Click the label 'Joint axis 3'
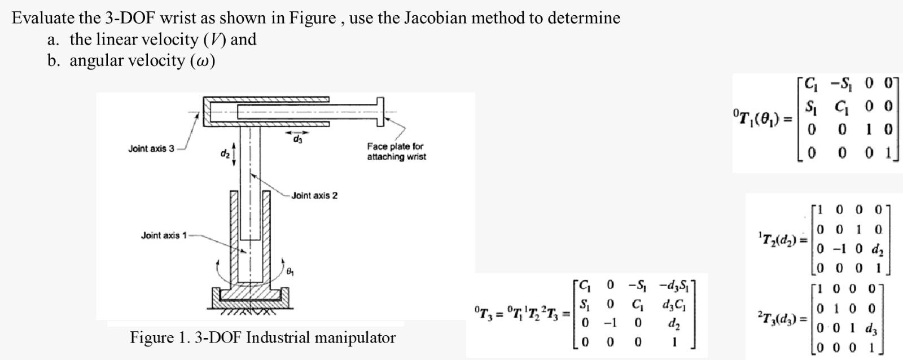pos(151,149)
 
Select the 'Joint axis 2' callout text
pos(314,196)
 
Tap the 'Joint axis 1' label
pos(163,235)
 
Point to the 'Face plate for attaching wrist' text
pos(396,151)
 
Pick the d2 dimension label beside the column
pos(225,153)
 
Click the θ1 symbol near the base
pos(290,271)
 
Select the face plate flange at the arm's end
pos(380,111)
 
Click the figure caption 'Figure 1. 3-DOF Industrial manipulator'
pos(262,338)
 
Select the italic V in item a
pos(207,39)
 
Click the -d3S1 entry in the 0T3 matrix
pos(676,286)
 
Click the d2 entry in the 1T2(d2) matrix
pos(876,248)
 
